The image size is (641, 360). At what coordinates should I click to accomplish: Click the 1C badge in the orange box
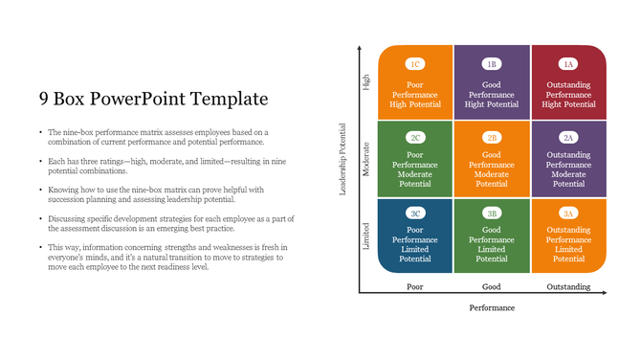click(415, 64)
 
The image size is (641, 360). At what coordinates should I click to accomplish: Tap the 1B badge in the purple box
click(492, 64)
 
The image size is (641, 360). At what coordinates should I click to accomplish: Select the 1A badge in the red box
click(568, 64)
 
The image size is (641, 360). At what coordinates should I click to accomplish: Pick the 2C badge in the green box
click(415, 138)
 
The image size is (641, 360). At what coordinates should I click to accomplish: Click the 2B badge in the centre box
click(492, 138)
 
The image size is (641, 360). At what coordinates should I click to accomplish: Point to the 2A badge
click(568, 138)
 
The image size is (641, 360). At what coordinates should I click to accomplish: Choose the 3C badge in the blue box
click(415, 214)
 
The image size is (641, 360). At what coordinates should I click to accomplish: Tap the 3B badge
click(492, 214)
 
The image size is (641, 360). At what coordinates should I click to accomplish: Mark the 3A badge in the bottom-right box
click(568, 214)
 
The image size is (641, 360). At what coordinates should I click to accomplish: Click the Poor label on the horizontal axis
click(415, 286)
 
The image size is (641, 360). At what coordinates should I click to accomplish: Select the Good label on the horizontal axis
click(492, 286)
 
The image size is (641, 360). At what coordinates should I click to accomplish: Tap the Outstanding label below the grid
click(568, 286)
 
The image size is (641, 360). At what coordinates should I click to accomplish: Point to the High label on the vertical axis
click(366, 83)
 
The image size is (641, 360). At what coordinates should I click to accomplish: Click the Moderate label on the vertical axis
click(366, 158)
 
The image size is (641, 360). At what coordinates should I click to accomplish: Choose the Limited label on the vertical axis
click(366, 235)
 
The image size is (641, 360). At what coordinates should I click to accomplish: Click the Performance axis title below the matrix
click(492, 308)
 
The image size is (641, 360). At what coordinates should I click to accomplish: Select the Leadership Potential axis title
click(343, 158)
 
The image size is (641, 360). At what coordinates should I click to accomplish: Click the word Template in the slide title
click(231, 99)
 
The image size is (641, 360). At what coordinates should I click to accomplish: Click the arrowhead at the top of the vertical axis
click(359, 47)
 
